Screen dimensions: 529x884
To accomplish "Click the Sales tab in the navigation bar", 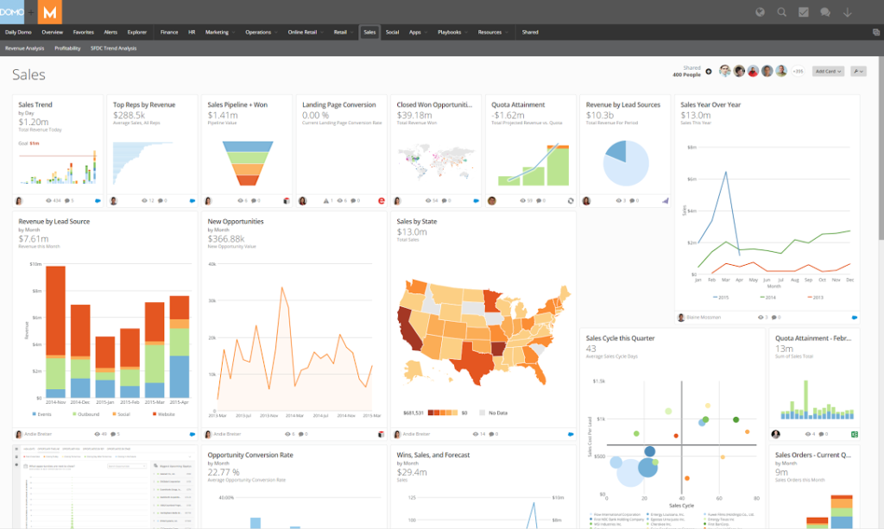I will pos(369,32).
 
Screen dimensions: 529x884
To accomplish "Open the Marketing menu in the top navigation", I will pos(218,32).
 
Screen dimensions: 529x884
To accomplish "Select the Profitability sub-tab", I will pos(67,48).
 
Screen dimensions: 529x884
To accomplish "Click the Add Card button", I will pos(828,72).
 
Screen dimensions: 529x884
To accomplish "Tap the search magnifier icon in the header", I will pos(781,12).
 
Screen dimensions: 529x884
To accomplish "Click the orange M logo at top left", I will pos(51,12).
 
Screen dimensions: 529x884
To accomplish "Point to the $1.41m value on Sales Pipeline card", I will pos(223,115).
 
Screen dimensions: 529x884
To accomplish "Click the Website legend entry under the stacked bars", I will pos(164,414).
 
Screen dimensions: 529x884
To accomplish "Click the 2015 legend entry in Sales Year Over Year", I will pos(722,297).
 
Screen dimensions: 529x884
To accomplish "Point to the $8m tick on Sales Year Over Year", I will pos(691,147).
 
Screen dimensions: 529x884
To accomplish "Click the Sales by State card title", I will pos(417,222).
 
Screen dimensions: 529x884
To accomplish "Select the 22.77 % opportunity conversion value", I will pos(224,472).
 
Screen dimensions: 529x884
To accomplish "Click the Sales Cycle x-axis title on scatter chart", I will pos(682,505).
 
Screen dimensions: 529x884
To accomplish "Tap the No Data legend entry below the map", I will pos(496,412).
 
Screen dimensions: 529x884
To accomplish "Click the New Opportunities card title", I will pos(236,222).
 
